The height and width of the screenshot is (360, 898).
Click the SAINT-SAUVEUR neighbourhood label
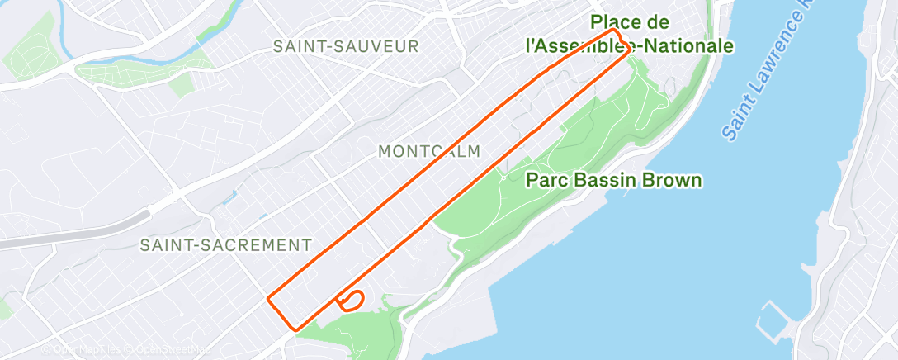[x=347, y=46]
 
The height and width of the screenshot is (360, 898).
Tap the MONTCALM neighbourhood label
[x=428, y=151]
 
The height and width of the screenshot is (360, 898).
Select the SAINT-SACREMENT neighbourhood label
[x=225, y=245]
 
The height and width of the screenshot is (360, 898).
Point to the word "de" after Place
[x=680, y=22]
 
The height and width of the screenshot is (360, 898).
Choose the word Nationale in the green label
[x=682, y=46]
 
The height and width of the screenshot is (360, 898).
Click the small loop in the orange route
[x=352, y=300]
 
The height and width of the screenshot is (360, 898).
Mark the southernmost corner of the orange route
[x=295, y=329]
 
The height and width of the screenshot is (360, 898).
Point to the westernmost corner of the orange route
[x=268, y=298]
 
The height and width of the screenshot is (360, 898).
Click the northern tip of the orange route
[x=614, y=31]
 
